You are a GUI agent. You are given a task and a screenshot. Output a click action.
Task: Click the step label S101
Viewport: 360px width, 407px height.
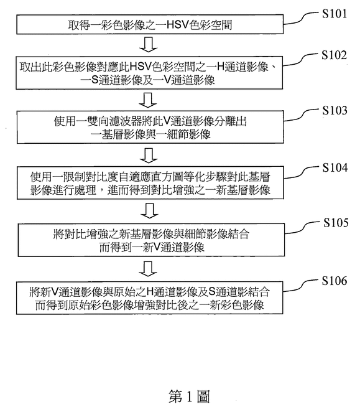pos(335,14)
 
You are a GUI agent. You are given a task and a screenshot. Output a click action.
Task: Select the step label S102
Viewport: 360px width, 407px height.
pos(334,55)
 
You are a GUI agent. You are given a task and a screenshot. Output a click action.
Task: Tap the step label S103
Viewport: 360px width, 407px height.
pos(335,110)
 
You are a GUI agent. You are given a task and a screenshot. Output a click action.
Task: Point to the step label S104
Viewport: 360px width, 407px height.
pos(335,167)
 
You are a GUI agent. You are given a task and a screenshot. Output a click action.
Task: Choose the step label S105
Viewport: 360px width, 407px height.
pos(336,223)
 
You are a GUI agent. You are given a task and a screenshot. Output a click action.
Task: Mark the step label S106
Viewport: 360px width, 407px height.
pos(335,281)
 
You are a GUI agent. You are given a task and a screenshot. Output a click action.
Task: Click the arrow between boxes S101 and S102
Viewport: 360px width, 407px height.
pos(149,44)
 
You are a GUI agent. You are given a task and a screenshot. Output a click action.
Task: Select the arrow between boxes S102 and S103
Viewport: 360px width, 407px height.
pos(148,100)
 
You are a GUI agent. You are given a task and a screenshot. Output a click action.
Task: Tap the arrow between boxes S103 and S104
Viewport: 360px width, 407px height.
pos(149,156)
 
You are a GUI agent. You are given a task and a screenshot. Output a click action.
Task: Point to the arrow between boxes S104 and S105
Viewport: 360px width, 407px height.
pos(149,211)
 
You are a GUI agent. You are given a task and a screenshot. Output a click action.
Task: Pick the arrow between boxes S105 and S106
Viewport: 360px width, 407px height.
pos(148,269)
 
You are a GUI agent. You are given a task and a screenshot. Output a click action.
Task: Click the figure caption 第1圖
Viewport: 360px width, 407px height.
pos(189,396)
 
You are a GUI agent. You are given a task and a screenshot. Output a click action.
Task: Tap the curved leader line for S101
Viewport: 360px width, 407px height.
pos(301,18)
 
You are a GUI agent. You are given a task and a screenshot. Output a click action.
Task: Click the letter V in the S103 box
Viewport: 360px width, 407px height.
pos(167,121)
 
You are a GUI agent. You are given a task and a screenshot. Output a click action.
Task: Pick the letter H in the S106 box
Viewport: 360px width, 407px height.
pos(150,292)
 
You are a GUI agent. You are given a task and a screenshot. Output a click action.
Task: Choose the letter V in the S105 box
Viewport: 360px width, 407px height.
pos(157,247)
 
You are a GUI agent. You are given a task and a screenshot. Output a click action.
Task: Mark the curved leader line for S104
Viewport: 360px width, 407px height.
pos(302,172)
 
